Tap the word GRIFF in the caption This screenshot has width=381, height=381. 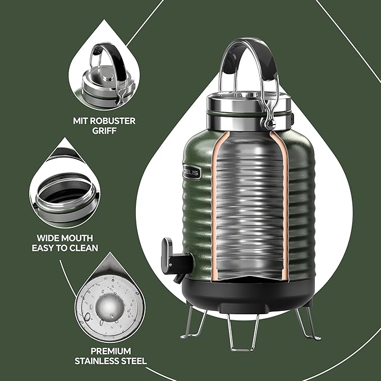click(104, 131)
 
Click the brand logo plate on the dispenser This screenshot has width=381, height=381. click(191, 175)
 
